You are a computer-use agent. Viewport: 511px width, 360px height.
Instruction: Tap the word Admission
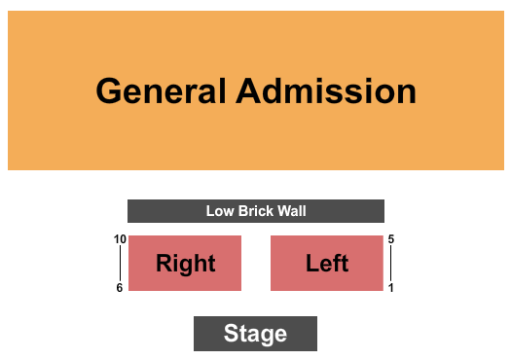326,91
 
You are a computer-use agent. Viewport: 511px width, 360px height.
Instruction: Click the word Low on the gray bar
219,211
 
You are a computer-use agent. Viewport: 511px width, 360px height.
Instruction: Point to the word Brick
255,211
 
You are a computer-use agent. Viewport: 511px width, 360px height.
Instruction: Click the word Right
186,263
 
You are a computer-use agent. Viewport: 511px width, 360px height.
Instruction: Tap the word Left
327,263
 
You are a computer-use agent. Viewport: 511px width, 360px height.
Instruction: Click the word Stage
255,334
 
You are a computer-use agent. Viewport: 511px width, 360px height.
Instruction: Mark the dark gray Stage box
206,334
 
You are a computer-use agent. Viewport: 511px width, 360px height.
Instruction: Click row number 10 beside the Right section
120,239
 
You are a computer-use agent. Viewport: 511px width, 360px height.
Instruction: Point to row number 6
120,287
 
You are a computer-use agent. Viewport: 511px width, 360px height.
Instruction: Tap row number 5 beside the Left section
390,239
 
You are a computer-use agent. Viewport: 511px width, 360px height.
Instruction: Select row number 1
390,287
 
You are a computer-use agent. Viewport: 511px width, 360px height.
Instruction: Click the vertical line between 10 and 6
121,263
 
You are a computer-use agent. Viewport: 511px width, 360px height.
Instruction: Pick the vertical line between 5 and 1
390,263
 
